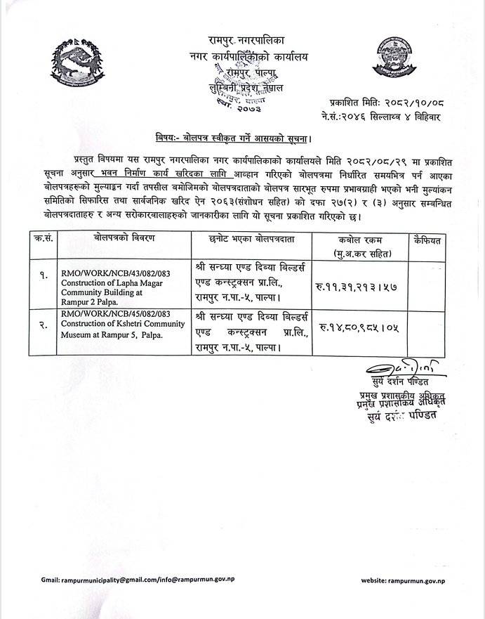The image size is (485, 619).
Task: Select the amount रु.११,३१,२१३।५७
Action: pyautogui.click(x=358, y=285)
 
